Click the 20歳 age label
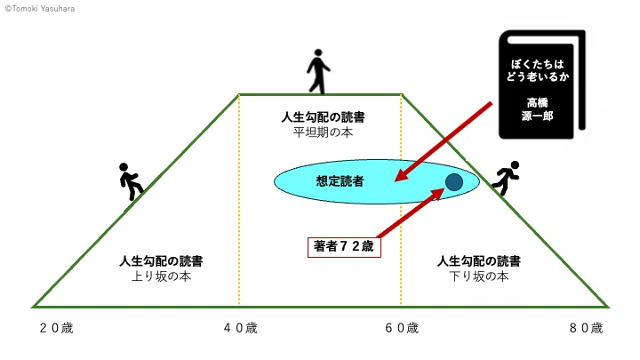(x=56, y=328)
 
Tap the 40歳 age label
(x=240, y=328)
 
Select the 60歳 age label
(x=402, y=328)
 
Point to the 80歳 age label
(x=586, y=328)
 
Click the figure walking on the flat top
(x=318, y=71)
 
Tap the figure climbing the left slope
(x=131, y=181)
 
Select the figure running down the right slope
(x=507, y=178)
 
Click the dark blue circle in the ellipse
(x=454, y=182)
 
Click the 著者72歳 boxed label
(x=344, y=247)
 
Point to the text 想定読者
(x=340, y=181)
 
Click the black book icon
(x=542, y=84)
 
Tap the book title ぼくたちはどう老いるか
(x=538, y=70)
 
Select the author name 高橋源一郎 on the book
(x=537, y=109)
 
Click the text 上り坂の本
(x=161, y=276)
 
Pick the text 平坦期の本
(x=323, y=132)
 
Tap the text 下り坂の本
(x=479, y=276)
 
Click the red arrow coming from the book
(x=444, y=141)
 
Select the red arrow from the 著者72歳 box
(x=411, y=212)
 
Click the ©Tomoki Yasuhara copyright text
(x=40, y=9)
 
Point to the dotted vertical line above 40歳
(x=239, y=200)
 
